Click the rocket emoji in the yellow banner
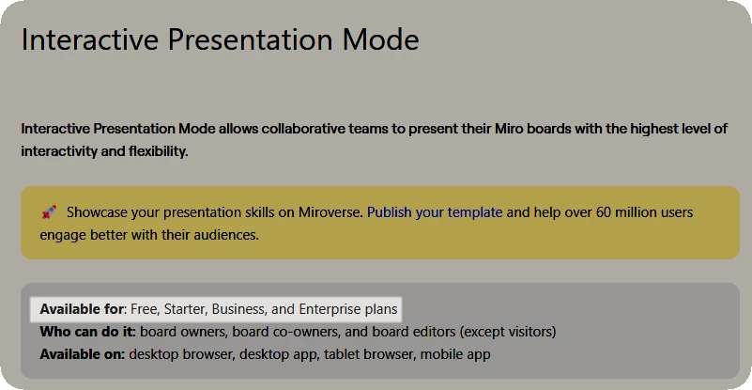pos(49,211)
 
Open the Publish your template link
pos(435,212)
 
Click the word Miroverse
pos(330,212)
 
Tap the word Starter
pos(186,309)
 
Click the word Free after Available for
pos(145,309)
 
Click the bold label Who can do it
pos(88,332)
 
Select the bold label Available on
pos(83,355)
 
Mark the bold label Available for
pos(83,309)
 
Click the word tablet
pos(339,355)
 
